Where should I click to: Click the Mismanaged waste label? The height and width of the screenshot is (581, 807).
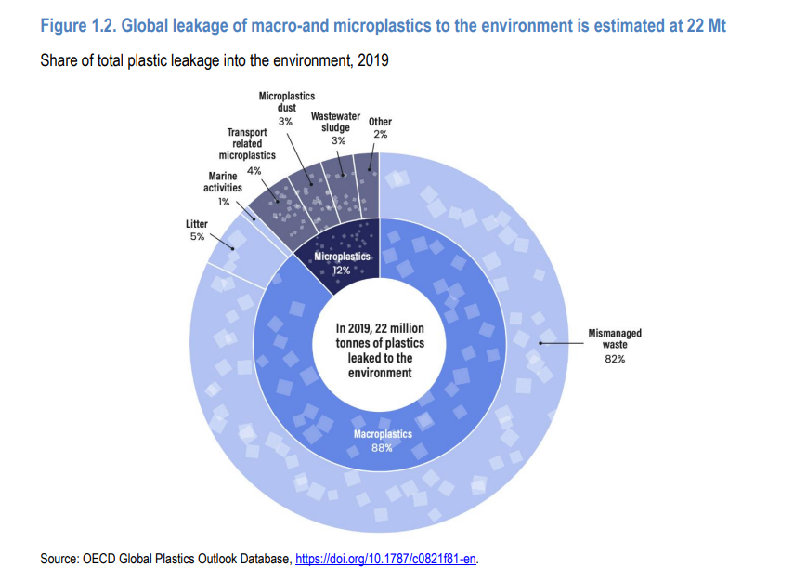614,338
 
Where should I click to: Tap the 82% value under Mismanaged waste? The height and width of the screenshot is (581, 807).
614,360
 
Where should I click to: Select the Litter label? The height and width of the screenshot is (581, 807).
197,224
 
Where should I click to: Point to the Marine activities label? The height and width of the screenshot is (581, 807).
223,181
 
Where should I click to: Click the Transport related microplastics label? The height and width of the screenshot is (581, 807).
241,144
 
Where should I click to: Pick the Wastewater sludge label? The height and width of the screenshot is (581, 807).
335,122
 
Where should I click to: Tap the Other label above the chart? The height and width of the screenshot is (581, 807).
380,122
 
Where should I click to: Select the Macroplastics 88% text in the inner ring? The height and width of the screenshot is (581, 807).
383,440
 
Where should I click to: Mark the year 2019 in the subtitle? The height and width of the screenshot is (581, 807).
372,61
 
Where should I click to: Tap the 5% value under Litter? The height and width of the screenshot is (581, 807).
197,237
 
